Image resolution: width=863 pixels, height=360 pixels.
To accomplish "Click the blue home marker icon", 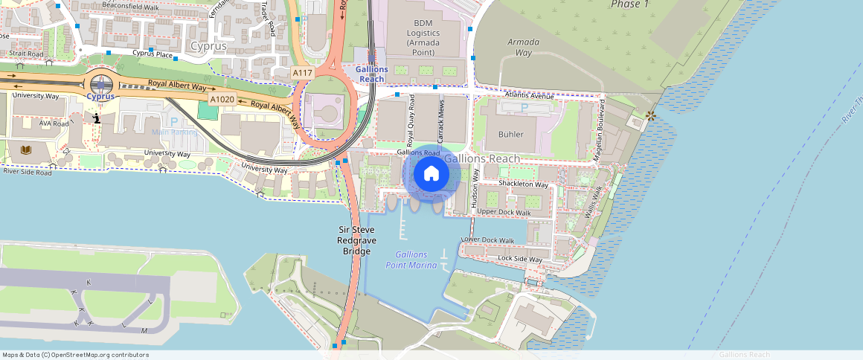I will coord(431,174).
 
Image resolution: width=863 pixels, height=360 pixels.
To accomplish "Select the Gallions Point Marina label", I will coord(411,260).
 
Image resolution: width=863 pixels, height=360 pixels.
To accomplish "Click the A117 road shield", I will coord(302,72).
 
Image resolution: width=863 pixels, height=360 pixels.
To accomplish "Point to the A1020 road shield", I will coord(222,99).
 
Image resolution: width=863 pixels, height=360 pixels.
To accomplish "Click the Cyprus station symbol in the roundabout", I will coord(100,85).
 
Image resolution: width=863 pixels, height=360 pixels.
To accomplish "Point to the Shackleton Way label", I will coord(523,184).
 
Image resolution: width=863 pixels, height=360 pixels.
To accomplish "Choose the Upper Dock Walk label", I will coord(504,212).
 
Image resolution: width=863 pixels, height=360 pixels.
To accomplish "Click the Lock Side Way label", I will coord(520,258).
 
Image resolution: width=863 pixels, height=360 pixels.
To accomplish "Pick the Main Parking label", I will coord(175,132).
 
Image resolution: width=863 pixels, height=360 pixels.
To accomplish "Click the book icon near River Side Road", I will coord(27,150).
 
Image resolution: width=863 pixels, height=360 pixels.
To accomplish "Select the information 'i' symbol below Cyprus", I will coord(97,118).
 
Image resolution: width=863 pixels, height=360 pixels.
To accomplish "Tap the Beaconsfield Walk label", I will coord(130,7).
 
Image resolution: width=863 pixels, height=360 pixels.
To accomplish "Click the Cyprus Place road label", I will coord(153,54).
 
